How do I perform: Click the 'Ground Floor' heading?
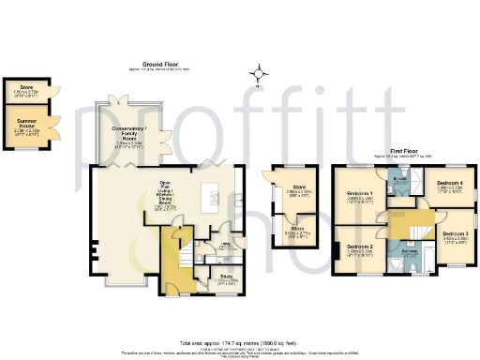[160, 64]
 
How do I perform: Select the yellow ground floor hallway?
[173, 262]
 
